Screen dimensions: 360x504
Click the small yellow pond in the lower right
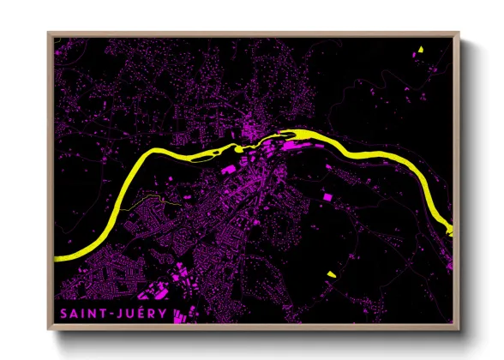332,274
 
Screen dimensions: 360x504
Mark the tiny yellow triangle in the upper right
421,49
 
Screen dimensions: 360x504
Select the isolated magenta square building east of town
326,197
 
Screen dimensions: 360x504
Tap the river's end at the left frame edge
57,256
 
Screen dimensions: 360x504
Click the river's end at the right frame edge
450,228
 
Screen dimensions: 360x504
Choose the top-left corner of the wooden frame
48,33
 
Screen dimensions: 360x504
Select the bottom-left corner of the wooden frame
48,330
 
